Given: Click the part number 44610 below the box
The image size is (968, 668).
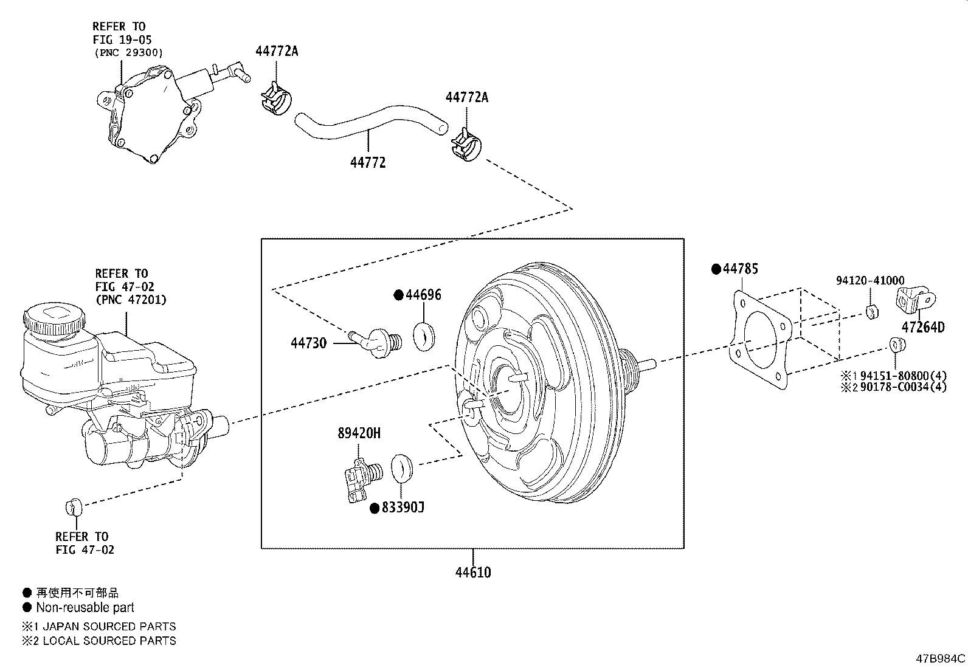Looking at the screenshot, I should pos(472,573).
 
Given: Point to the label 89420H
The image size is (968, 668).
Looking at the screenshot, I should pos(359,433).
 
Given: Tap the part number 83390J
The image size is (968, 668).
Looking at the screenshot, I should pos(402,507).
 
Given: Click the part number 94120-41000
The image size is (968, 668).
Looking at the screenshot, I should pos(869,281).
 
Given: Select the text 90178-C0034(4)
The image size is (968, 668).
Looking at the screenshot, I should pos(903,387).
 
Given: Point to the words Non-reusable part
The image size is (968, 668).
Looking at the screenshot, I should pos(85,607).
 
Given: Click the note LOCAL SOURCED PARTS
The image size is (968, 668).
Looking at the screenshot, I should pos(109,641).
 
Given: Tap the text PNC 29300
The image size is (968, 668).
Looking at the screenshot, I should pos(128,53).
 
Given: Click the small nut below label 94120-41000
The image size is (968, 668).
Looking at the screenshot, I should pos(871,312).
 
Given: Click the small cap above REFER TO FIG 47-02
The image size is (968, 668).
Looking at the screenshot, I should pos(73,505).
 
